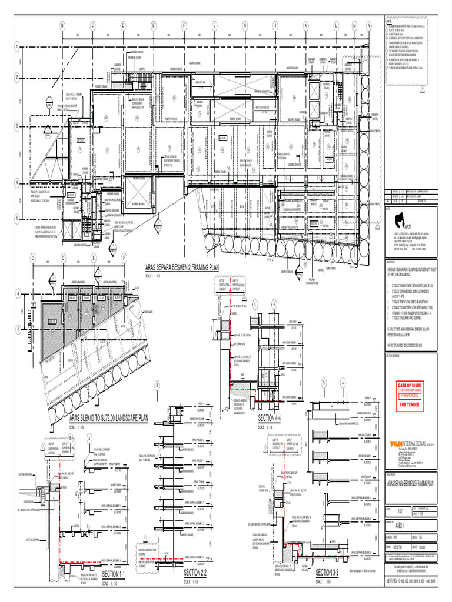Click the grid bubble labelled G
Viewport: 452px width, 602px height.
point(214,26)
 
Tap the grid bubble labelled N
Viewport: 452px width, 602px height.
point(369,26)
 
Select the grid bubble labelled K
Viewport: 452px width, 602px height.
point(305,26)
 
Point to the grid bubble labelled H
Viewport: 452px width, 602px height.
point(244,26)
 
